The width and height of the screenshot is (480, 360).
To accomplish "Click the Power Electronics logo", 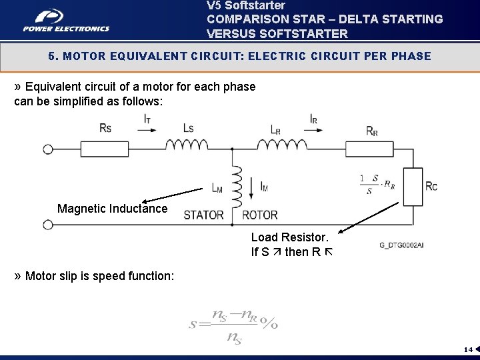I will [x=65, y=20].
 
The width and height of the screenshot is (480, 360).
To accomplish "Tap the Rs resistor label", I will [x=105, y=127].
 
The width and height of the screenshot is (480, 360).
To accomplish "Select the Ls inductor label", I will [x=187, y=127].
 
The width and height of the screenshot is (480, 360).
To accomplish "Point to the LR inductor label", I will [x=275, y=129].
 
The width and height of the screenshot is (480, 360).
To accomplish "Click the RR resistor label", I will [x=372, y=131].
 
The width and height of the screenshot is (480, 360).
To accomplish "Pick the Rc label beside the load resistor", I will [x=431, y=186].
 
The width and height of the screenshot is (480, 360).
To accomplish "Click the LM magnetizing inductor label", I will [x=217, y=188].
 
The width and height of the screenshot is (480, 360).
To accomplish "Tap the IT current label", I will [x=147, y=119].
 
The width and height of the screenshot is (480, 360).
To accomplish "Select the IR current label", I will [x=313, y=119].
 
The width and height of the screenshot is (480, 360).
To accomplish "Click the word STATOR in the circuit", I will [x=203, y=215].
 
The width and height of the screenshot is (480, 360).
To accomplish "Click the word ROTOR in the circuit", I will [x=260, y=215].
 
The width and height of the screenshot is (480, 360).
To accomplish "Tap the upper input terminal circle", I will [x=48, y=149].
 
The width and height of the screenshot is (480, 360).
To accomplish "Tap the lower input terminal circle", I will [x=48, y=225].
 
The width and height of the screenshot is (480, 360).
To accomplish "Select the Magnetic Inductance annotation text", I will [x=112, y=209].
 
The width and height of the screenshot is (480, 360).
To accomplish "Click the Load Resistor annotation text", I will [x=289, y=237].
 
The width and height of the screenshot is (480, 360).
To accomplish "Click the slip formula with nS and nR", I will [x=233, y=325].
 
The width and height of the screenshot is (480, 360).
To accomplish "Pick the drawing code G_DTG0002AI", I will [x=401, y=245].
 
